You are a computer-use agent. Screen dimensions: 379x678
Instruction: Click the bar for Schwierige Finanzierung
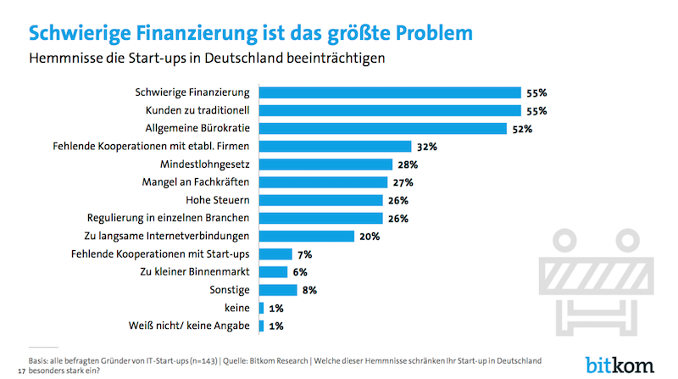click(x=389, y=92)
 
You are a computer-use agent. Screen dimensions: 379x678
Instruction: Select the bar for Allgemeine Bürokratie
click(x=382, y=129)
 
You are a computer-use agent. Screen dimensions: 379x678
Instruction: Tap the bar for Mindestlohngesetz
click(x=325, y=164)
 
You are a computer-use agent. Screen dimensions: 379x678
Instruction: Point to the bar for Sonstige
click(x=277, y=290)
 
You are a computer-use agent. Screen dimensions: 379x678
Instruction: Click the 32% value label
click(x=426, y=147)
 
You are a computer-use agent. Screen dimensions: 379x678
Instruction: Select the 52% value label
click(x=521, y=129)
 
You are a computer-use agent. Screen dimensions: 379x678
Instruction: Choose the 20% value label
click(x=369, y=236)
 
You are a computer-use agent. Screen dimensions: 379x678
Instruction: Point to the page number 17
click(x=21, y=369)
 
